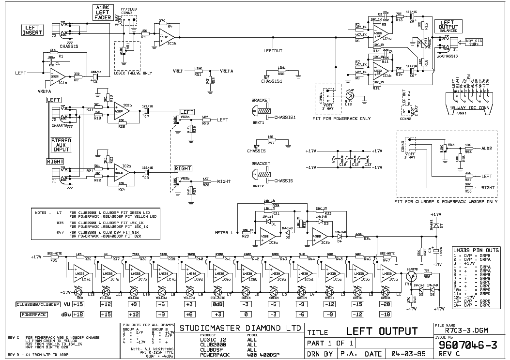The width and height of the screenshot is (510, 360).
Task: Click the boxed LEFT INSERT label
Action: point(33,30)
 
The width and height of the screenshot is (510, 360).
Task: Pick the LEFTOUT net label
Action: point(272,50)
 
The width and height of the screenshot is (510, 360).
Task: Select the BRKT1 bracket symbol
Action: point(262,111)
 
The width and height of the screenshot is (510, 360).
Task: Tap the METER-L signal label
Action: point(224,233)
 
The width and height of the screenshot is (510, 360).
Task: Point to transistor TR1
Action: point(412,277)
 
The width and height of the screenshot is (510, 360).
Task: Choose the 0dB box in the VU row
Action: point(217,304)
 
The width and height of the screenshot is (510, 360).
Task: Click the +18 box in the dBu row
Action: point(78,314)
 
